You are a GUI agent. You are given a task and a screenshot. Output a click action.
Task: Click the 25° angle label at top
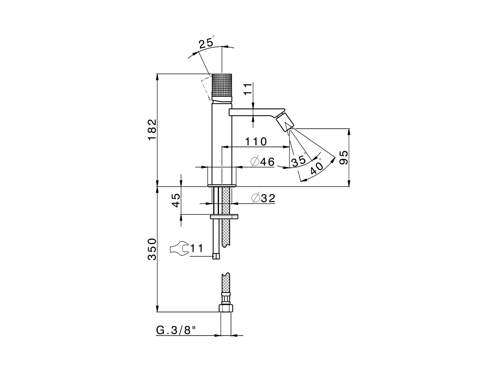point(206,43)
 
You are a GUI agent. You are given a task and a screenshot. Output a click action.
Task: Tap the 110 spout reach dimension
point(255,141)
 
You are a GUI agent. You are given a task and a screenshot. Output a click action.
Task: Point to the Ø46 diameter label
point(262,162)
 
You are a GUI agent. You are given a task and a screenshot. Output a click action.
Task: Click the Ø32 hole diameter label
point(263,198)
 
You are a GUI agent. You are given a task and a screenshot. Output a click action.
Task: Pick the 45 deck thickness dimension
point(176,200)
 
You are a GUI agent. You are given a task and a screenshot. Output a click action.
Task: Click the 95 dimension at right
point(343,158)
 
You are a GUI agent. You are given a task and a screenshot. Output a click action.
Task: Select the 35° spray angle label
point(299,161)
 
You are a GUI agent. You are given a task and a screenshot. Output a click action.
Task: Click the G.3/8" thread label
point(176,330)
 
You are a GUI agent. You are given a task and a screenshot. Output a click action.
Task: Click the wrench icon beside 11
point(179,248)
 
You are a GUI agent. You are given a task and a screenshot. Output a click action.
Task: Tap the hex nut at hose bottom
point(226,308)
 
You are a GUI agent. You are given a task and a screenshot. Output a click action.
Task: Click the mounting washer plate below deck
point(224,216)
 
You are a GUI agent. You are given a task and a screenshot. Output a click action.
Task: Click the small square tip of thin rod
point(216,256)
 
